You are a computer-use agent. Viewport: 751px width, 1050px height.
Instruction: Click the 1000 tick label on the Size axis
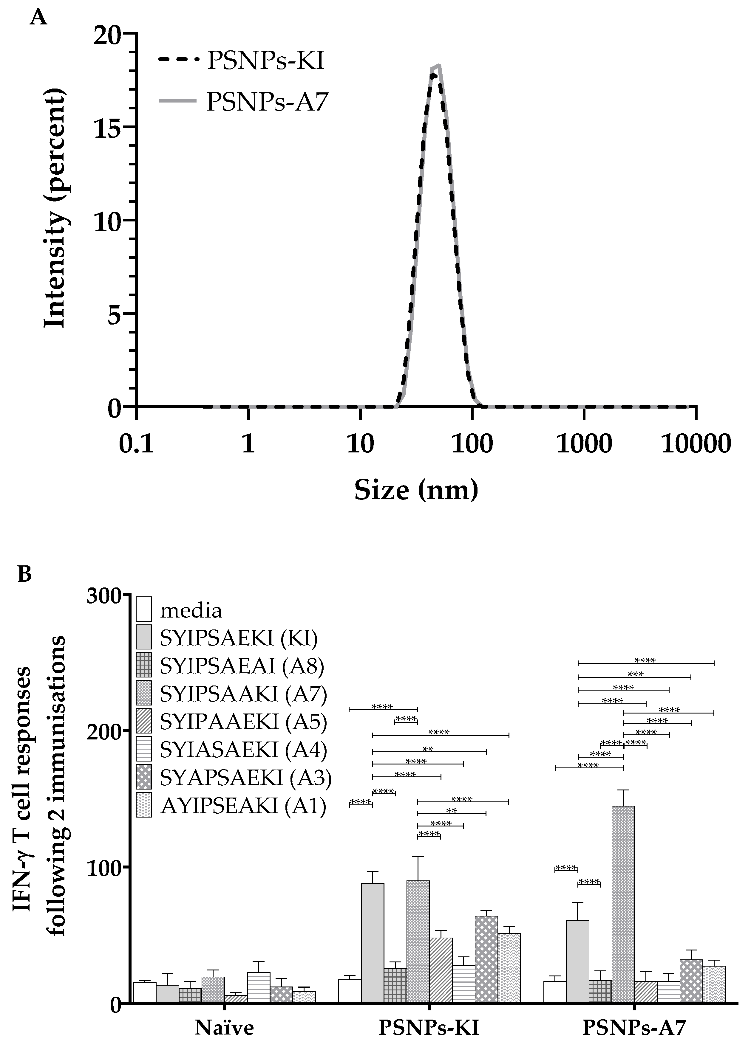(x=584, y=444)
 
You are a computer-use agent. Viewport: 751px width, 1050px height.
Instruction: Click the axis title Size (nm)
(x=416, y=491)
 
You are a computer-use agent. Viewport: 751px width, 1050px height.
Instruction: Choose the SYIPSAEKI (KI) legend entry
(x=238, y=638)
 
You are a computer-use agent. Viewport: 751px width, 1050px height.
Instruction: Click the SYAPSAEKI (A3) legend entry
(x=245, y=778)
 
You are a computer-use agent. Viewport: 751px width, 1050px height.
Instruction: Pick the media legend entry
(x=191, y=610)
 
